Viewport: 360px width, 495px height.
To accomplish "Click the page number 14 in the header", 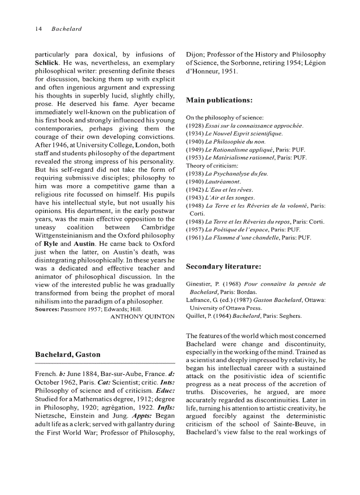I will pyautogui.click(x=38, y=29).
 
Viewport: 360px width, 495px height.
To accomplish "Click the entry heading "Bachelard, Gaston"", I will pyautogui.click(x=67, y=354).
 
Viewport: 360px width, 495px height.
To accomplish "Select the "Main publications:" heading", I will pyautogui.click(x=219, y=100).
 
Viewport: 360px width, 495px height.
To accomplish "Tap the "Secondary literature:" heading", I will pyautogui.click(x=224, y=267).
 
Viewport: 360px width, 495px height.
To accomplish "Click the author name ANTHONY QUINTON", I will pyautogui.click(x=142, y=316).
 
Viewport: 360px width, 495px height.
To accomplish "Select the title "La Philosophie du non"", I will pyautogui.click(x=229, y=141).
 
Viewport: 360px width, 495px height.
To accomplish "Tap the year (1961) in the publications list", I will pyautogui.click(x=195, y=238).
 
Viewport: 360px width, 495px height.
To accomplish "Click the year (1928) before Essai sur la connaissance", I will pyautogui.click(x=195, y=126).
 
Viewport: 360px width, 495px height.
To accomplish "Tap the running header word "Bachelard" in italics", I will pyautogui.click(x=67, y=29).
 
